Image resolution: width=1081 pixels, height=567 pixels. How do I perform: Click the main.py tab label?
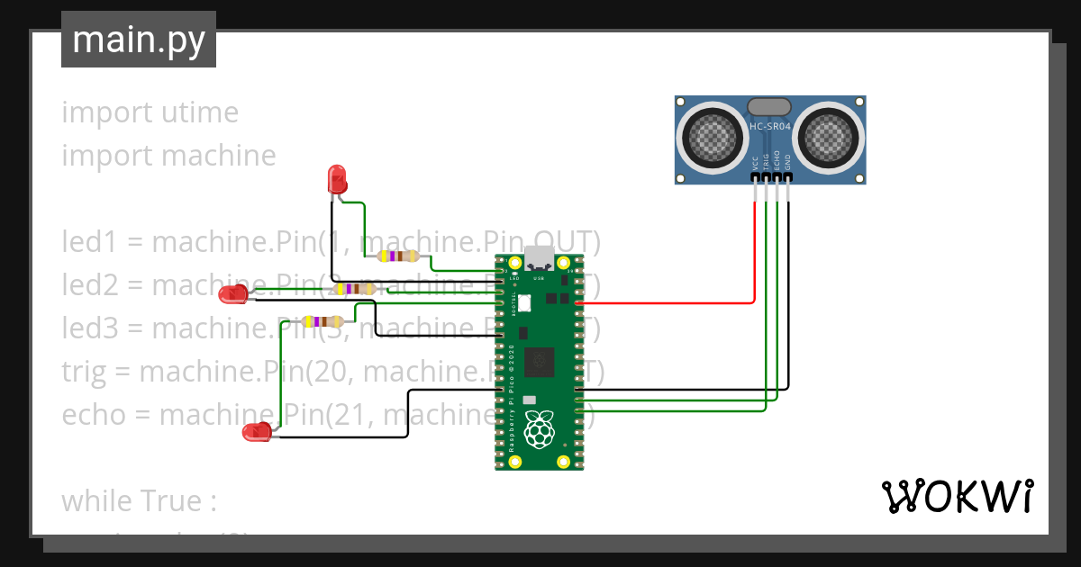tap(138, 40)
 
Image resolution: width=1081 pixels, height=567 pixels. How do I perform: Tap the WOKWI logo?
tap(957, 497)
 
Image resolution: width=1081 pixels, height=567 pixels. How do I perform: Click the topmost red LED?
tap(337, 178)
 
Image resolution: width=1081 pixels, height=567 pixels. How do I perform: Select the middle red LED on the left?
tap(234, 293)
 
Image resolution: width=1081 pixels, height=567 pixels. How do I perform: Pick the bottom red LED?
tap(259, 433)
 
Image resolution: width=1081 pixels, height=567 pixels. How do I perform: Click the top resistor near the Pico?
tap(398, 256)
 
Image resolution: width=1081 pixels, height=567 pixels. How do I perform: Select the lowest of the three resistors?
tap(322, 321)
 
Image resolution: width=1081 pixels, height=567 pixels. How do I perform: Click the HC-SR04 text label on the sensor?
tap(770, 127)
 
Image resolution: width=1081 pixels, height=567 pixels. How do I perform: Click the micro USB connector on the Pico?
tap(540, 258)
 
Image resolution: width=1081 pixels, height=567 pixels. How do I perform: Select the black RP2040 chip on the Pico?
tap(540, 362)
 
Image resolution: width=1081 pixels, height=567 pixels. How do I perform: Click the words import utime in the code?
tap(150, 112)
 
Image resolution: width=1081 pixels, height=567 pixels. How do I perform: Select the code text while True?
tap(139, 500)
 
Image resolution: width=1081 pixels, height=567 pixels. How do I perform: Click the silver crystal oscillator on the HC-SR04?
tap(769, 107)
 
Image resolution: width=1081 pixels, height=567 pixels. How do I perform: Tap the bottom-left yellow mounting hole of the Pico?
tap(514, 462)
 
